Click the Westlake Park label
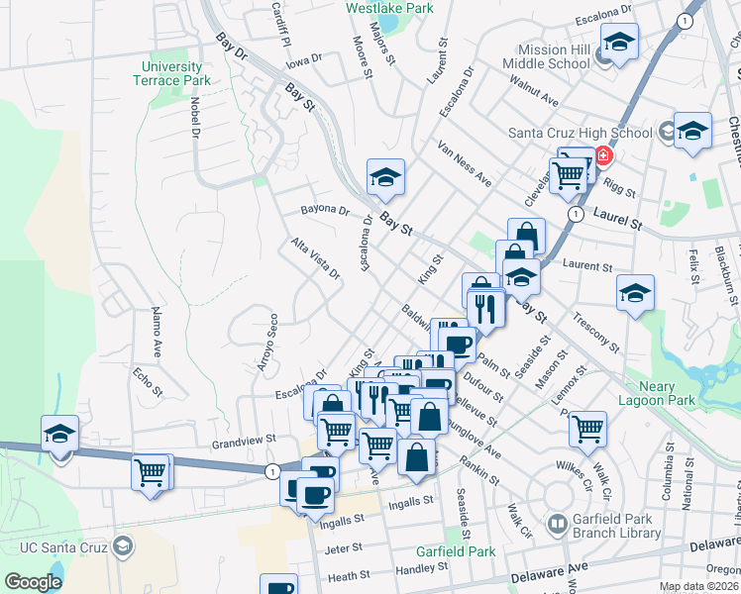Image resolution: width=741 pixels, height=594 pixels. coord(390,8)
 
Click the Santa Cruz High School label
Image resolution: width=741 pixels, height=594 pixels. coord(580,132)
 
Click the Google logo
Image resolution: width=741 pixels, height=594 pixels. coord(33,581)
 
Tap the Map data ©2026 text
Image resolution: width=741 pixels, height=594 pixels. coord(698,586)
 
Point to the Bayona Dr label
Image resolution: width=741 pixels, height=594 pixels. coord(326,211)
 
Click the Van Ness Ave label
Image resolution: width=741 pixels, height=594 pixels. coord(465,163)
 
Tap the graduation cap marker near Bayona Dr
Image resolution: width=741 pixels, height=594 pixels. coord(385,177)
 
